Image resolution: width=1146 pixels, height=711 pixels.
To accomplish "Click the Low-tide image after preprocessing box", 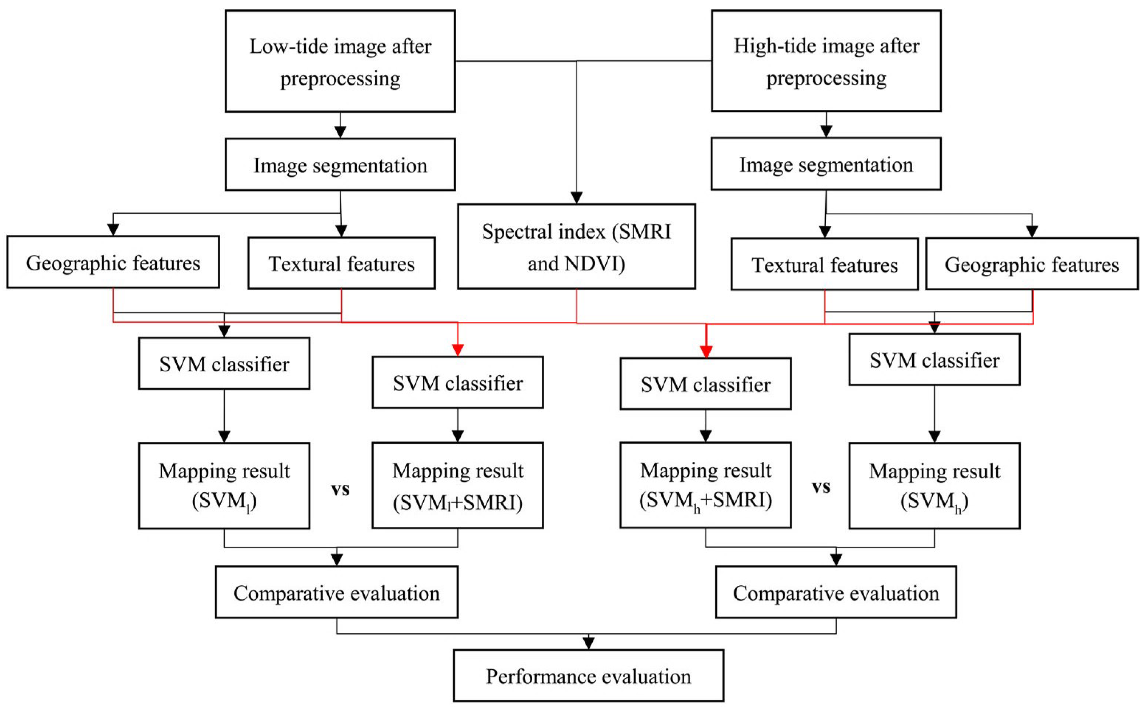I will pyautogui.click(x=340, y=61).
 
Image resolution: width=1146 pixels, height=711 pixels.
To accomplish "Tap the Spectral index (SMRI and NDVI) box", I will pyautogui.click(x=576, y=246).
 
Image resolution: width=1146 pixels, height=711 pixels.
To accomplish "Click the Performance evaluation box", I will pyautogui.click(x=588, y=676).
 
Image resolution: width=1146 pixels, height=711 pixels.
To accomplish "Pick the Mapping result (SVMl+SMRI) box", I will pyautogui.click(x=457, y=486).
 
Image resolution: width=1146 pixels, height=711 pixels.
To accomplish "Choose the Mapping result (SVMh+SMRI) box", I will pyautogui.click(x=705, y=486).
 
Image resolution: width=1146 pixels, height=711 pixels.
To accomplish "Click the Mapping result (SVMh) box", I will pyautogui.click(x=934, y=486).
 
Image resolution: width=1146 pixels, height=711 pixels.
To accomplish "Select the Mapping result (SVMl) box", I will pyautogui.click(x=224, y=486).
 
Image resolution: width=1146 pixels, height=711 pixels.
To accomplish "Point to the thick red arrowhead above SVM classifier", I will pyautogui.click(x=706, y=351).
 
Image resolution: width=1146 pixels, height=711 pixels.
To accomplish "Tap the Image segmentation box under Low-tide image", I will pyautogui.click(x=340, y=165).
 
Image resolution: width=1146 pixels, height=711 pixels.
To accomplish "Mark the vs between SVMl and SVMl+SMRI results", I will pyautogui.click(x=340, y=489).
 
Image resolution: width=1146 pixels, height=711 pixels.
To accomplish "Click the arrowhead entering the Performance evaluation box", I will pyautogui.click(x=588, y=643).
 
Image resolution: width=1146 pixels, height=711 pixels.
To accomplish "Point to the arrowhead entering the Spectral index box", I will pyautogui.click(x=576, y=197).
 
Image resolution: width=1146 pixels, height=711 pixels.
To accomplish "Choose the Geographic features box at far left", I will pyautogui.click(x=113, y=262).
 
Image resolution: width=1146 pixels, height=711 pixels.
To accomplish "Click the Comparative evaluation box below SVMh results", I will pyautogui.click(x=836, y=592).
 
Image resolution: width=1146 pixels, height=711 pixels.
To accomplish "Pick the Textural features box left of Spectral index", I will pyautogui.click(x=341, y=263).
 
